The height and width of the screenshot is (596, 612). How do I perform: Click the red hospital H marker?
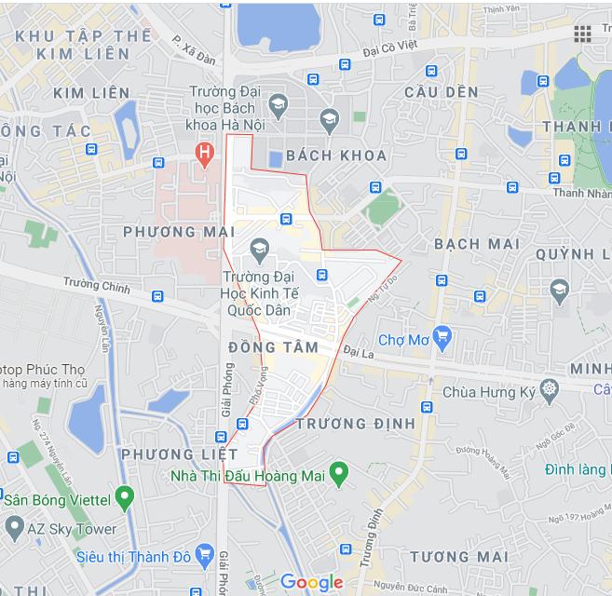click(201, 152)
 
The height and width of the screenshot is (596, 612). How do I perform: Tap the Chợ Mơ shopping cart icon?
click(442, 336)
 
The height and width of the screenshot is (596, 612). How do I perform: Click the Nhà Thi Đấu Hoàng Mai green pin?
click(339, 475)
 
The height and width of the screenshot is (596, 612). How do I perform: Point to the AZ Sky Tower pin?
click(13, 528)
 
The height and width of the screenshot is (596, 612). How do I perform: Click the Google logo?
click(312, 583)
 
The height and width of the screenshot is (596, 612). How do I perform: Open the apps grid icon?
click(582, 34)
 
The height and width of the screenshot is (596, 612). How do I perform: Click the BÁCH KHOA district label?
click(323, 155)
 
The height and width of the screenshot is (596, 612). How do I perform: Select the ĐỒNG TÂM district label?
click(273, 347)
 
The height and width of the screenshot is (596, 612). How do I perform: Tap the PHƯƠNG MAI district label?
click(177, 231)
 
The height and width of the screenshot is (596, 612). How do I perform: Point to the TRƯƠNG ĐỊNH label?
click(355, 424)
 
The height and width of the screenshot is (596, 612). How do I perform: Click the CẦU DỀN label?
click(442, 92)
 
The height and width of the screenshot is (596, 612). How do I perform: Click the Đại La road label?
click(357, 351)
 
